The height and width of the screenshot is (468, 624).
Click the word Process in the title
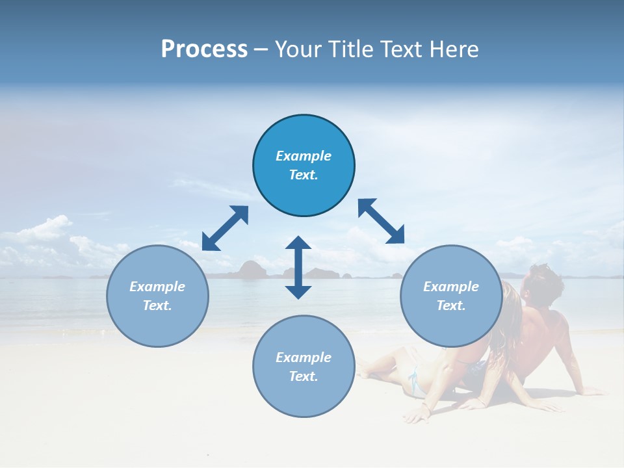tap(204, 49)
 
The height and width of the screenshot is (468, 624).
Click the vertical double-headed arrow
tap(298, 267)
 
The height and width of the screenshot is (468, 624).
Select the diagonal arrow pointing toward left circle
tap(225, 228)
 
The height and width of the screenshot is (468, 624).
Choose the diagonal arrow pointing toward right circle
tap(382, 221)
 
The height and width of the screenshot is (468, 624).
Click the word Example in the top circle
tap(304, 156)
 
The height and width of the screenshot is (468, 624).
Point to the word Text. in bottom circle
tap(304, 376)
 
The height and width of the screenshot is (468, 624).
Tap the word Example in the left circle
tap(157, 287)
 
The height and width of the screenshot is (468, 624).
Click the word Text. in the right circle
tap(451, 305)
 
